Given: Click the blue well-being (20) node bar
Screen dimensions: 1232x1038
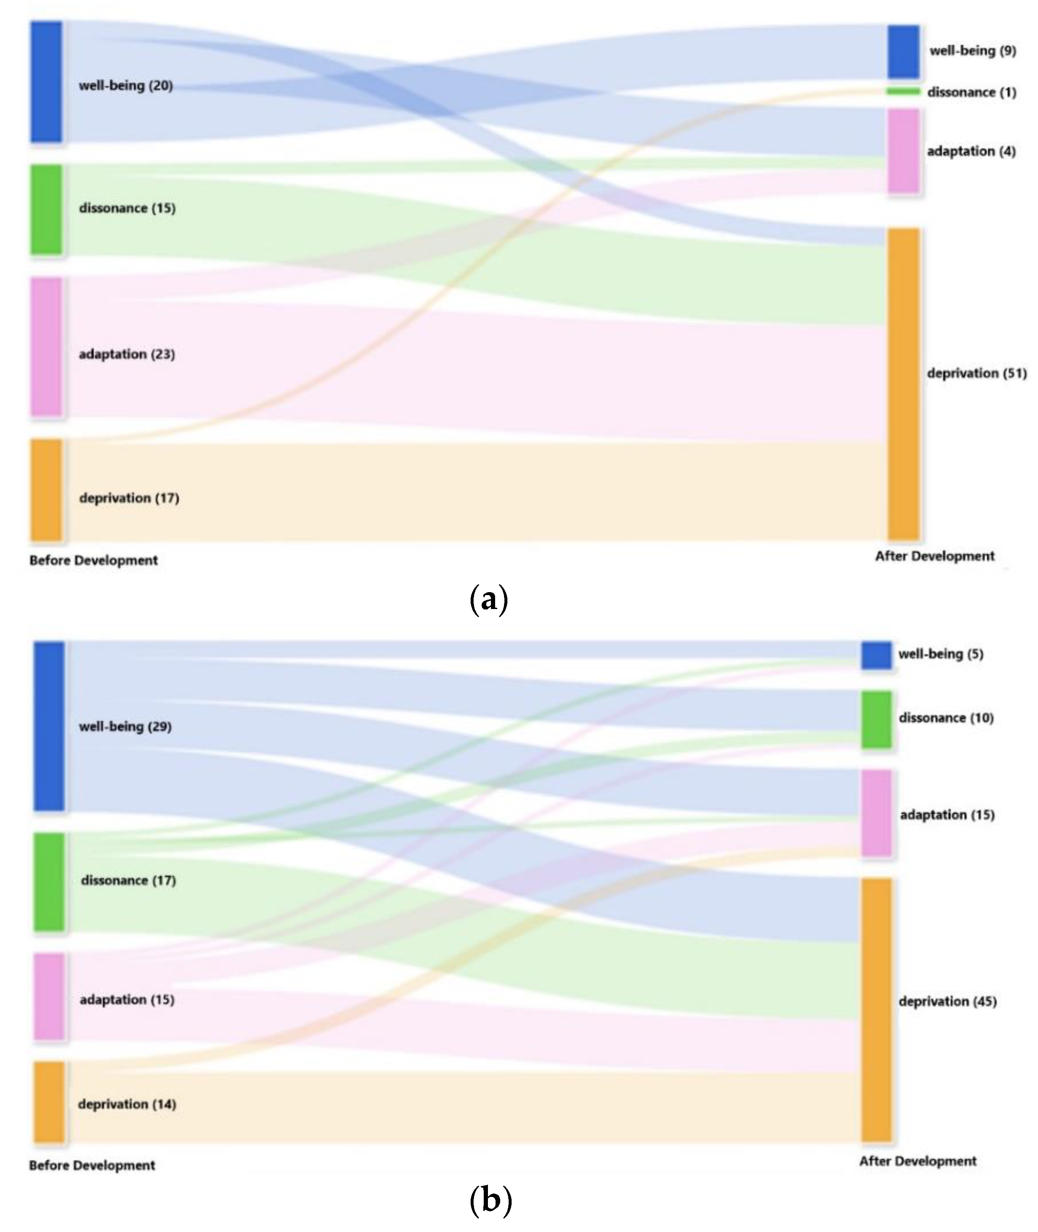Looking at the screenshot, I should pos(46,82).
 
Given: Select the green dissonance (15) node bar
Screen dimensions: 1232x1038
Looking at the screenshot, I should pos(46,209).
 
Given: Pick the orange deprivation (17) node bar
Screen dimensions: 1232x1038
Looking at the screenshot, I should pos(46,490).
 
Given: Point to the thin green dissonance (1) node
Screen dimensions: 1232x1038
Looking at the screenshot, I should pos(903,91).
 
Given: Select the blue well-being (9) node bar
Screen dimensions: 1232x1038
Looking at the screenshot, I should pos(903,52).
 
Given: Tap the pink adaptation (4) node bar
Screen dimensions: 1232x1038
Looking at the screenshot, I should pos(903,151).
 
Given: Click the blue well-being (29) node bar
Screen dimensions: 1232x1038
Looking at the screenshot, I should pos(49,726).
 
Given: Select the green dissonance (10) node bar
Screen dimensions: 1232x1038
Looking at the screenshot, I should pos(877,719).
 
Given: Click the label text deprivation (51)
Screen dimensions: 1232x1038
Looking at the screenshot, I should pos(977,373).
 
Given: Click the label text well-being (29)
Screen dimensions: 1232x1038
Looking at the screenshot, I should pos(125,726).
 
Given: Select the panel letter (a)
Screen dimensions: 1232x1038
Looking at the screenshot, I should pos(490,599).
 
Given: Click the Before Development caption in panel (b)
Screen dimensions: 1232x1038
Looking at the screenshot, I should pos(93,1166).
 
